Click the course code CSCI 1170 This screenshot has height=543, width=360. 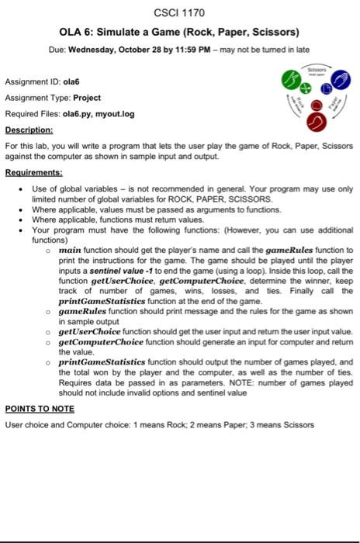coord(179,13)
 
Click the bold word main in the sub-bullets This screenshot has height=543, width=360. coord(71,250)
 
